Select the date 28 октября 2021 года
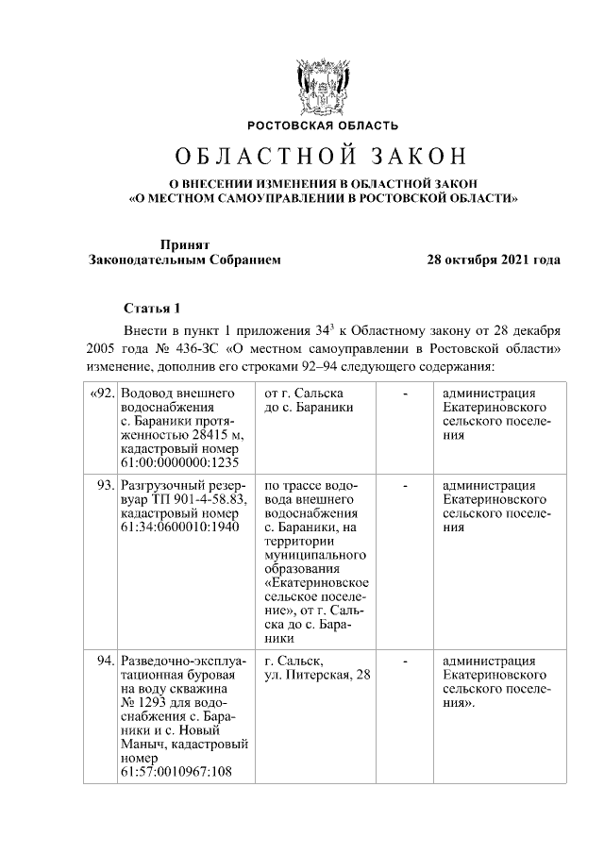point(494,260)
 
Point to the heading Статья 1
point(152,308)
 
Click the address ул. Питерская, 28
point(318,675)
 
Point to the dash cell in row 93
point(405,484)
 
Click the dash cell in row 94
point(405,661)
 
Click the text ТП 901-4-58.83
point(184,498)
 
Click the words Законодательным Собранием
point(185,260)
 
